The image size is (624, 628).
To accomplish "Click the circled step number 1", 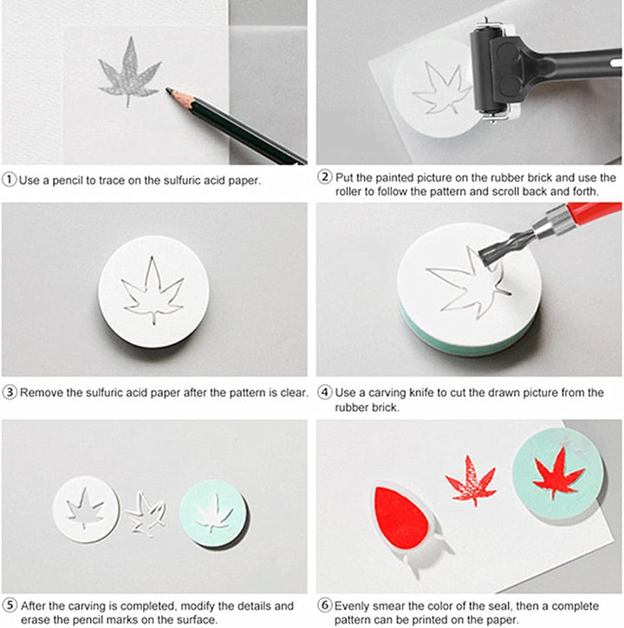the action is point(10,180).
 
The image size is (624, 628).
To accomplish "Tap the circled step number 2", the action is point(325,176).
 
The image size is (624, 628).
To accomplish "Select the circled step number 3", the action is point(10,392).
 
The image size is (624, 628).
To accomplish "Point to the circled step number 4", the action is point(325,392).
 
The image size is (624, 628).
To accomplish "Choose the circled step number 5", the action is point(10,605).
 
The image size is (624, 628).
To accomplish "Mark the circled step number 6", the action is point(325,605).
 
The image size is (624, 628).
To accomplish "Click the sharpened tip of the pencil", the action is point(168,89).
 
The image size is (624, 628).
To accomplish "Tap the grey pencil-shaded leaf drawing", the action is point(129,72).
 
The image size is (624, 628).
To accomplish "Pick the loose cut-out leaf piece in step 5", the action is point(146,514).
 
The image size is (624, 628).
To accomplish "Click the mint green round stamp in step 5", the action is point(212,513).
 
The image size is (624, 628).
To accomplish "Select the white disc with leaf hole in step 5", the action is point(86,509).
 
